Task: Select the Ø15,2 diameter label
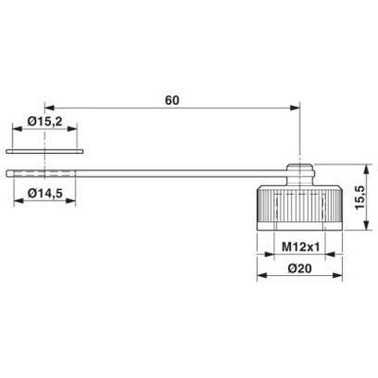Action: click(46, 122)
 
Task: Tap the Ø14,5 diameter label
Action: click(46, 194)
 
